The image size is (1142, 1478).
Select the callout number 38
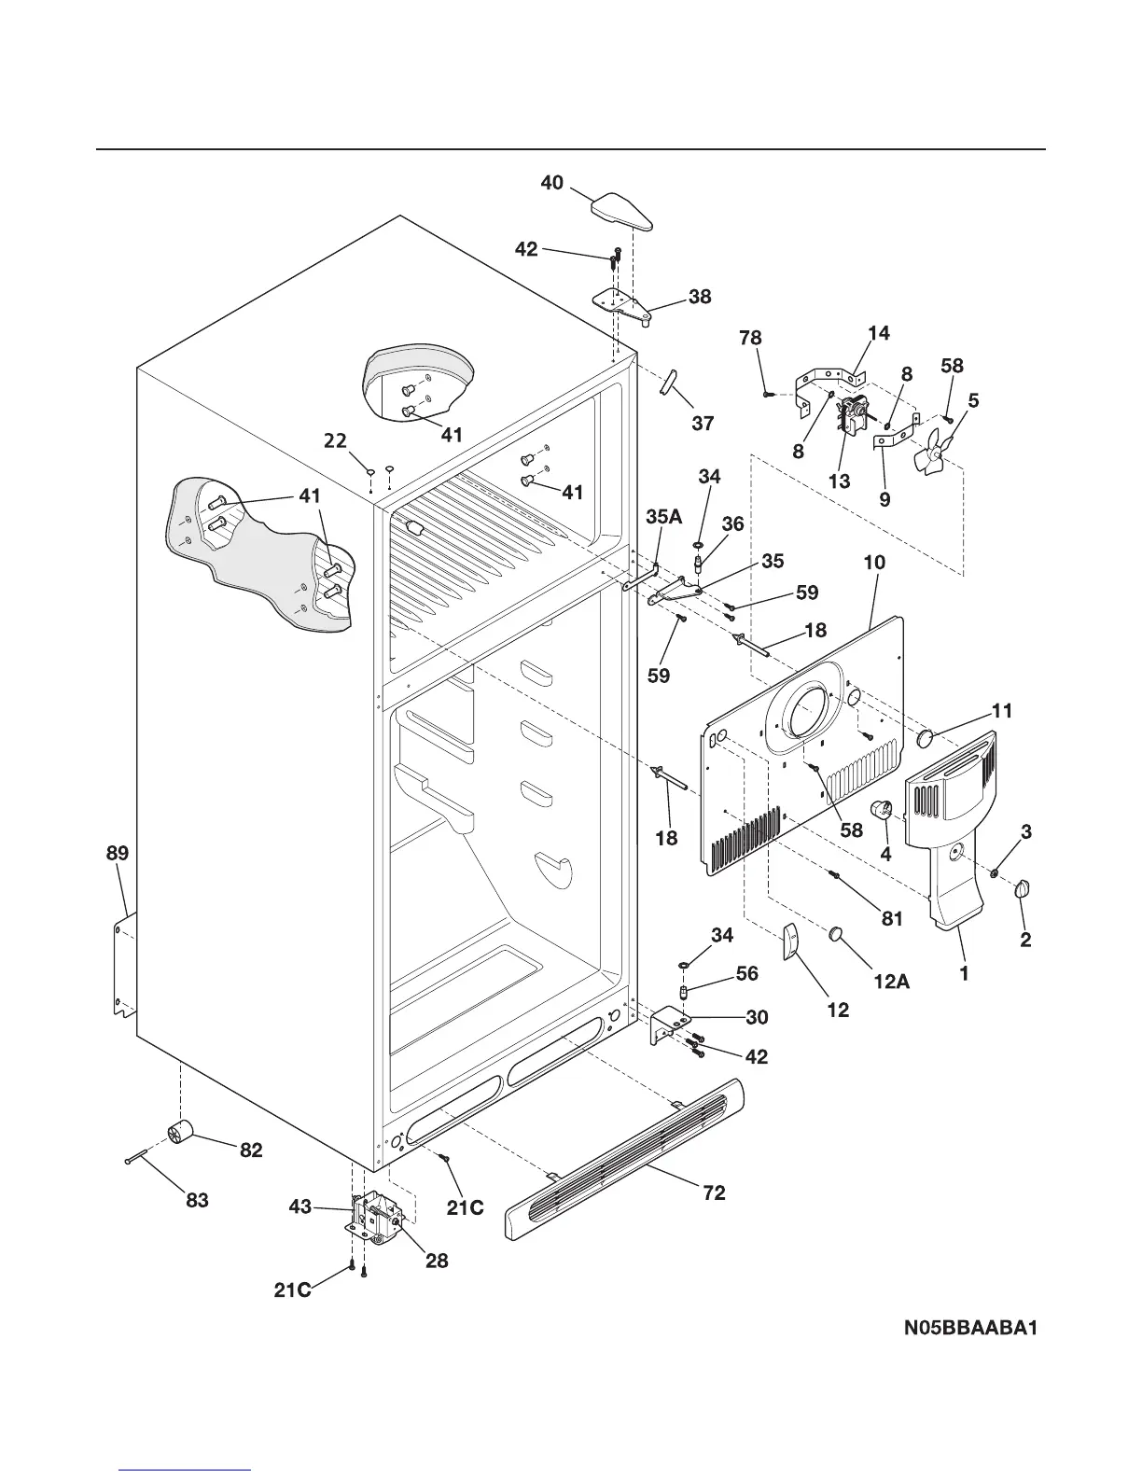[x=700, y=297]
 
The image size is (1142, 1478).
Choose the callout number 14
[x=879, y=333]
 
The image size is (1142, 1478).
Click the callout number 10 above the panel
[x=874, y=563]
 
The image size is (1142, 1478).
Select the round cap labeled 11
[x=926, y=739]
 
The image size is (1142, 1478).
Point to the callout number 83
[x=197, y=1201]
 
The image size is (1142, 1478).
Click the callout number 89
[x=118, y=853]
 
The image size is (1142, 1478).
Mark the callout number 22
[x=336, y=440]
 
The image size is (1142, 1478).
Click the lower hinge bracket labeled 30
[x=669, y=1024]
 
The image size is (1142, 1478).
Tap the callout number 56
[x=747, y=973]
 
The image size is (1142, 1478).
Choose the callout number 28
[x=437, y=1261]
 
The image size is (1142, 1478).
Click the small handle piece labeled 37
[x=670, y=382]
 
